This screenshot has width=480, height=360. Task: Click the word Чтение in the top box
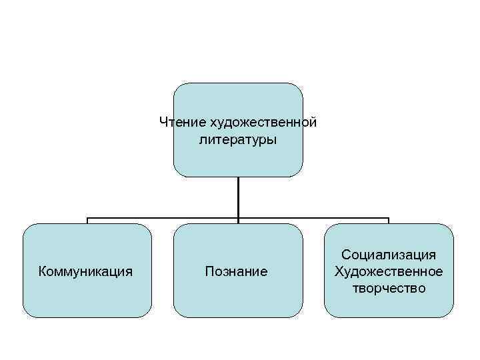pos(183,123)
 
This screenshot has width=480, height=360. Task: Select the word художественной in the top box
pos(263,123)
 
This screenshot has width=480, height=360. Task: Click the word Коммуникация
pos(86,272)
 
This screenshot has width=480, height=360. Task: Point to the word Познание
pos(237,272)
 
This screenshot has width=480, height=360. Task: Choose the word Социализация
pos(389,255)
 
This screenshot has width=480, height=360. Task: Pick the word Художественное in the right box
pos(389,272)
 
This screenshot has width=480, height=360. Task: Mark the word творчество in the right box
pos(389,289)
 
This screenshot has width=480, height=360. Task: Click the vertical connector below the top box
pos(238,197)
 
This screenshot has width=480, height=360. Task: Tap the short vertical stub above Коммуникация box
pos(87,221)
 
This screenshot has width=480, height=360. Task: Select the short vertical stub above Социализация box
pos(389,221)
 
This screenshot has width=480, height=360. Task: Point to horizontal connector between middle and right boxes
pos(313,218)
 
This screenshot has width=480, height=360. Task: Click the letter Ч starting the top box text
pos(164,123)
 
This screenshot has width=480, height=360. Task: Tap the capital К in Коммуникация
pos(43,272)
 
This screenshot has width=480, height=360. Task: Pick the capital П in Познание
pos(209,272)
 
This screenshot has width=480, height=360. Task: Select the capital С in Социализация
pos(346,255)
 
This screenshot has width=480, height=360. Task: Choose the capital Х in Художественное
pos(339,272)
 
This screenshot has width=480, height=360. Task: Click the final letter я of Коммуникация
pos(129,272)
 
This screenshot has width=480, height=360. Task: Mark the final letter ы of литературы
pos(273,141)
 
